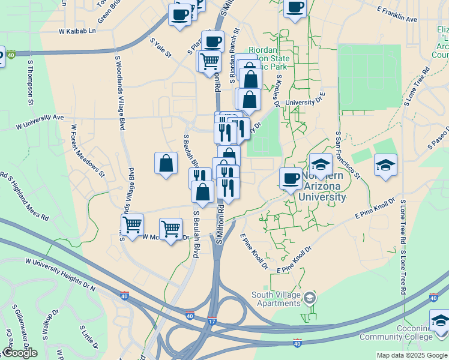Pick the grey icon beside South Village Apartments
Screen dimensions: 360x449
coord(309,297)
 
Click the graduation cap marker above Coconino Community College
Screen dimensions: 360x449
coord(440,320)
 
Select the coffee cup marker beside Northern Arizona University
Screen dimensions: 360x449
coord(291,178)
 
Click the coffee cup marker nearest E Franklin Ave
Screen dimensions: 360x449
coord(294,8)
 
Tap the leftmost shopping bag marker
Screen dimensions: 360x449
coord(166,163)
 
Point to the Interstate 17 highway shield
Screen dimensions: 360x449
coord(212,321)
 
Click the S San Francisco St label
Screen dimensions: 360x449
coord(348,155)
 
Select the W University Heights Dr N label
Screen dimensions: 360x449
coord(60,274)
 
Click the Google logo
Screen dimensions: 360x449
coord(20,353)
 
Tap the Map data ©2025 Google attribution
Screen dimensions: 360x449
coord(411,355)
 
